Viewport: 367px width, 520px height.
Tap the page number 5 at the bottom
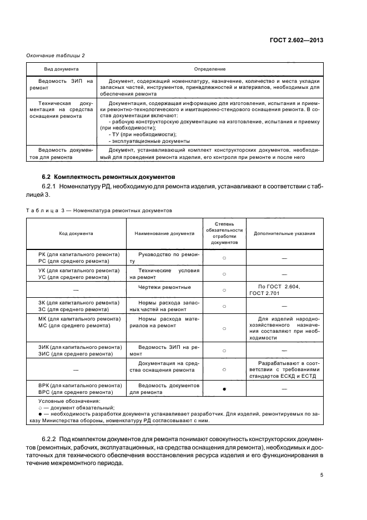(322, 475)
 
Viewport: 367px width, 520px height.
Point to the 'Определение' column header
(209, 69)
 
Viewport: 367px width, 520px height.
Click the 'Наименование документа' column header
(164, 233)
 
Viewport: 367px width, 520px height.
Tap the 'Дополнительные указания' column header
(284, 233)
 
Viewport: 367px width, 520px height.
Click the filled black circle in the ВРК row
(224, 389)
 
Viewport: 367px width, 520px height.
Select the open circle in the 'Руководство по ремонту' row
(224, 258)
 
